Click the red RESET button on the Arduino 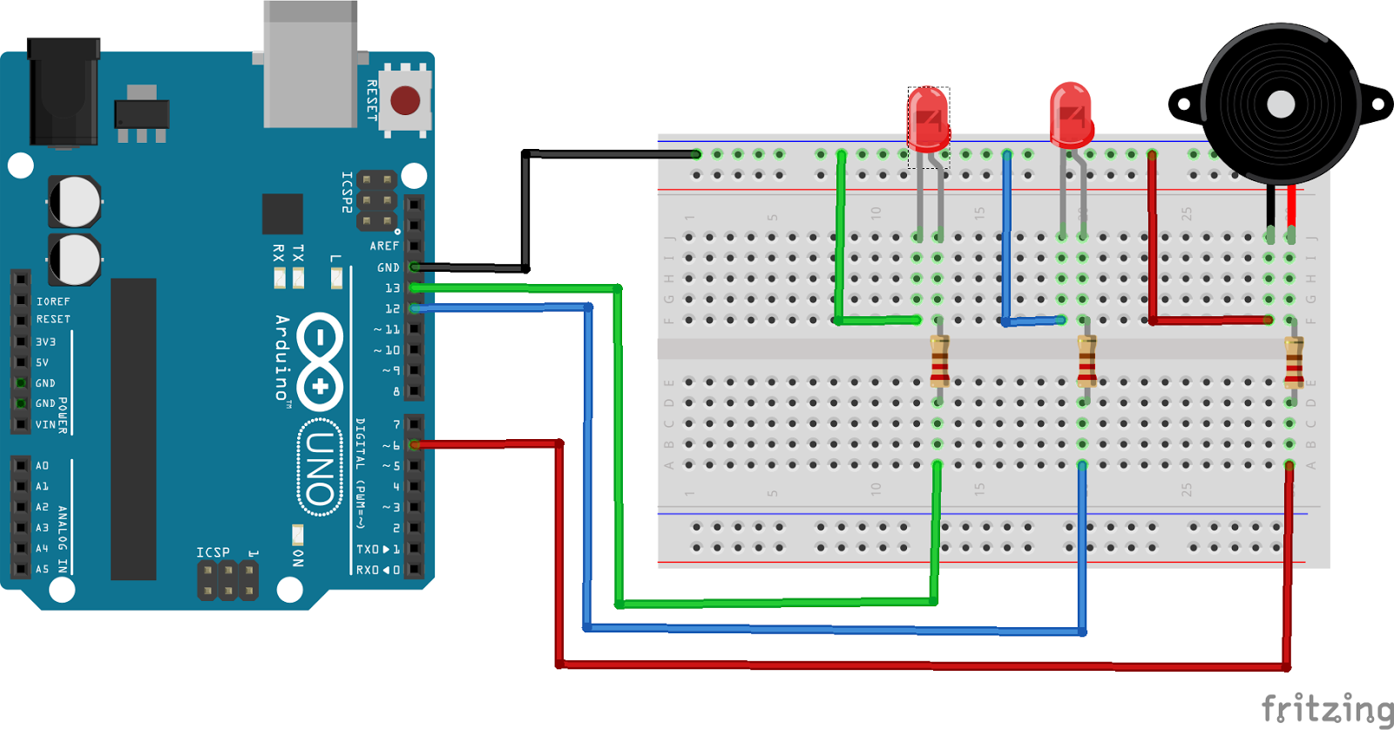(x=405, y=100)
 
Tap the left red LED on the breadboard (x=928, y=118)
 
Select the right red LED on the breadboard (x=1071, y=114)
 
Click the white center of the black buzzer (x=1280, y=105)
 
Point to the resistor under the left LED (x=939, y=361)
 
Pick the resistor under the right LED (x=1086, y=361)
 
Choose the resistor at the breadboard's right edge (x=1294, y=361)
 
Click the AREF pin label (x=384, y=247)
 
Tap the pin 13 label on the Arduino (x=392, y=288)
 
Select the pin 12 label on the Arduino (x=392, y=309)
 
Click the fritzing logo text (x=1326, y=708)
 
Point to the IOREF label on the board (x=53, y=301)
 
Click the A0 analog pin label (x=42, y=466)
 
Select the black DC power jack (x=63, y=91)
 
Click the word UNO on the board (x=320, y=469)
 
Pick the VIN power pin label (x=45, y=425)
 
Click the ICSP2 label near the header (x=347, y=192)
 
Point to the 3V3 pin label (x=45, y=342)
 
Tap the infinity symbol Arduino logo (x=320, y=361)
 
